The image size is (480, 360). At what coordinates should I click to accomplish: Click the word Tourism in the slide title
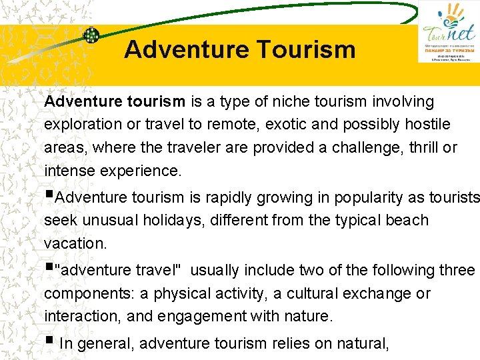(x=303, y=49)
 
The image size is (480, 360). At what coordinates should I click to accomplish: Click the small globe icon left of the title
(x=91, y=35)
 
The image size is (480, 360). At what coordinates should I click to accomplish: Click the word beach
(x=404, y=220)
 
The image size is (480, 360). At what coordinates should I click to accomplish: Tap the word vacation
(x=75, y=243)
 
